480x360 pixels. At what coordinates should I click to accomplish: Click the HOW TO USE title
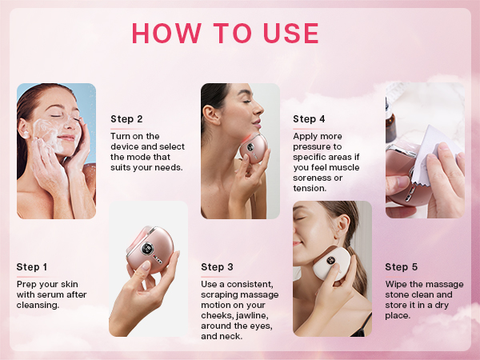225,33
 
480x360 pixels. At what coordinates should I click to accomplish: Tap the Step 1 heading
32,267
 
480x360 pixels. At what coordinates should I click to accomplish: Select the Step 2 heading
126,119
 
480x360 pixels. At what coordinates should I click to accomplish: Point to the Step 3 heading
218,267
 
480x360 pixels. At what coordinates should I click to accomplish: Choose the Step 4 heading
309,119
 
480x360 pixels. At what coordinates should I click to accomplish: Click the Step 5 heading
401,267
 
